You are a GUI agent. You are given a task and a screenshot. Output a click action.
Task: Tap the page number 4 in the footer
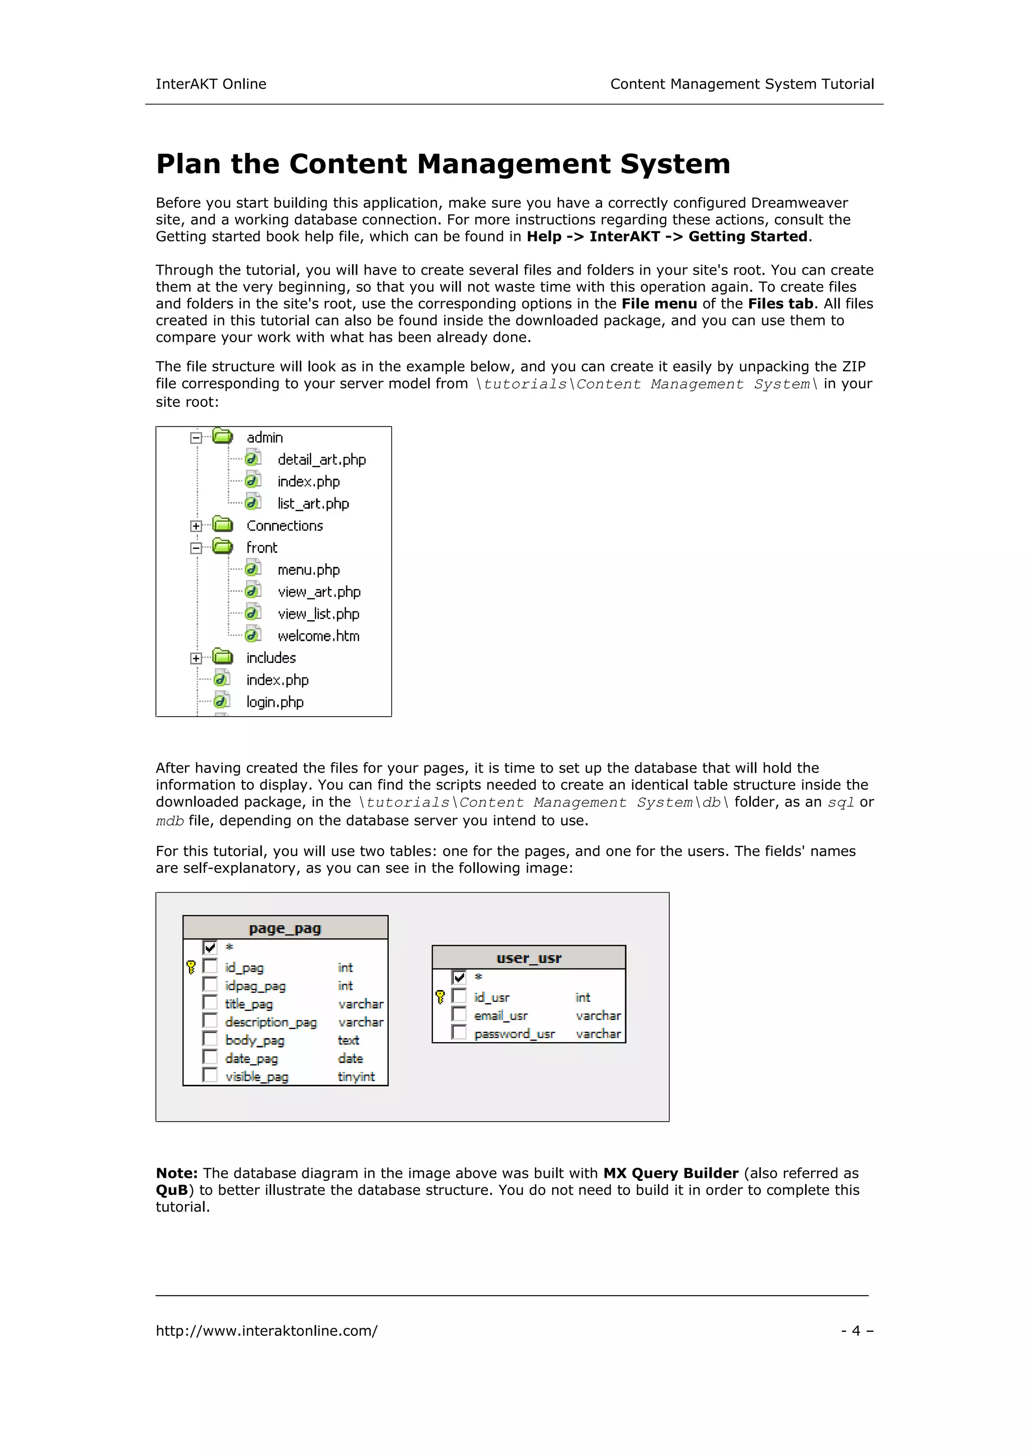coord(856,1330)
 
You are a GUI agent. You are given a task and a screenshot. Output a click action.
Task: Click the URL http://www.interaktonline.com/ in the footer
coord(267,1330)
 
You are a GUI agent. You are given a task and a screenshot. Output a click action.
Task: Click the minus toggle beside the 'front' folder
coord(196,548)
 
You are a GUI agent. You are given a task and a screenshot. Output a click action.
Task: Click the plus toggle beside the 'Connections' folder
coord(196,526)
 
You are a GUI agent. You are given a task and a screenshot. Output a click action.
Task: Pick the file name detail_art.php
coord(321,459)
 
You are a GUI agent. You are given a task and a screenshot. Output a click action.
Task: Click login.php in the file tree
coord(275,702)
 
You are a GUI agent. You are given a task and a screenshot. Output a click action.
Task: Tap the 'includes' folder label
coord(271,658)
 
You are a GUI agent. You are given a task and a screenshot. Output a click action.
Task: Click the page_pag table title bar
coord(285,928)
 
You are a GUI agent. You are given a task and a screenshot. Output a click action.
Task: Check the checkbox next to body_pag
coord(210,1039)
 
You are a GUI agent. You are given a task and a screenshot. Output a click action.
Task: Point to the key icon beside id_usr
coord(440,997)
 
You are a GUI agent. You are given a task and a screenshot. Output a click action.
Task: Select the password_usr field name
coord(514,1034)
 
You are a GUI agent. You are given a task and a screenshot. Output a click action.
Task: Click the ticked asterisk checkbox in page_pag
coord(210,948)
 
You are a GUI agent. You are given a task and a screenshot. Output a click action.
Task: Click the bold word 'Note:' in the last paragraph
coord(177,1173)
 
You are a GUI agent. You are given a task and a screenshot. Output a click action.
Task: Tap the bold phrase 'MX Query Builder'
coord(670,1173)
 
